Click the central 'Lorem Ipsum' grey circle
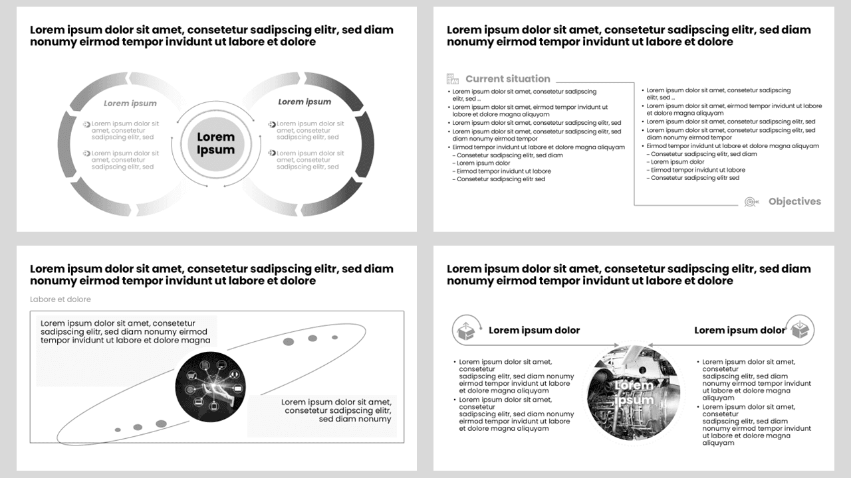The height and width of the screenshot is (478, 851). [x=215, y=143]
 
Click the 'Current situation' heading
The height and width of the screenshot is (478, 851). [x=507, y=78]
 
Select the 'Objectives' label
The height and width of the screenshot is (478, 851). [x=794, y=201]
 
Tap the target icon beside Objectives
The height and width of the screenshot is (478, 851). [x=751, y=201]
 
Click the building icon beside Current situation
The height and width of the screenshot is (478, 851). [x=453, y=78]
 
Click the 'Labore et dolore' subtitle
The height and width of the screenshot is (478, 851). [x=61, y=299]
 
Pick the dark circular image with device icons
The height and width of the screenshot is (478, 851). [x=210, y=384]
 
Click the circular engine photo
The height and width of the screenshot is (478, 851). [x=634, y=392]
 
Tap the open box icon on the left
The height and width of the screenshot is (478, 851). [x=467, y=330]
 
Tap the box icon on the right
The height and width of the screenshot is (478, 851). [x=800, y=329]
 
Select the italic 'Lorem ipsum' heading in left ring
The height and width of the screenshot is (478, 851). [x=130, y=103]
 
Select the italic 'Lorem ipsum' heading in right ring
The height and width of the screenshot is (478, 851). [x=304, y=102]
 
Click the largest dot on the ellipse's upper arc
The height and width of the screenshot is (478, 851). [x=289, y=341]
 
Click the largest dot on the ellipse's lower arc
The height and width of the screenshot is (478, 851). [x=161, y=424]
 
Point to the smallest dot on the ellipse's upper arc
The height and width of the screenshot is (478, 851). [x=334, y=337]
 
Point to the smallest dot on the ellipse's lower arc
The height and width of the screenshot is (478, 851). [x=118, y=430]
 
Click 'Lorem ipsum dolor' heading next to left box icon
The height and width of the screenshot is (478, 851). [x=534, y=330]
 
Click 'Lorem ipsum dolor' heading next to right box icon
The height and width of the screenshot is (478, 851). [x=739, y=330]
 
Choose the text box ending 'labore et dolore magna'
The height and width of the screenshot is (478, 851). [x=126, y=332]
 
